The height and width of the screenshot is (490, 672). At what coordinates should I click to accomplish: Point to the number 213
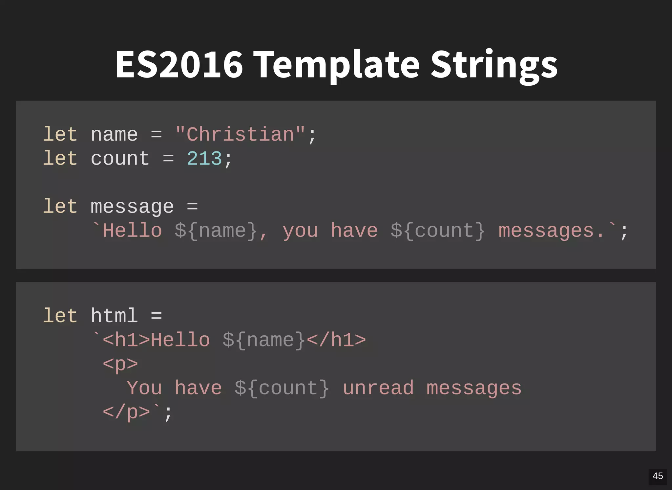tap(204, 159)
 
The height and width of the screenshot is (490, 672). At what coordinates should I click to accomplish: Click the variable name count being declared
tap(120, 159)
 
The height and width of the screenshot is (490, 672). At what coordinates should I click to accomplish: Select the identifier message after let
tap(132, 207)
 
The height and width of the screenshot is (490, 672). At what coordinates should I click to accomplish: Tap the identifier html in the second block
tap(114, 316)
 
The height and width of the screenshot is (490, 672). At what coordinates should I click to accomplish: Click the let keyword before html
tap(60, 316)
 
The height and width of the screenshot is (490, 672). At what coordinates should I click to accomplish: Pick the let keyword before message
tap(60, 207)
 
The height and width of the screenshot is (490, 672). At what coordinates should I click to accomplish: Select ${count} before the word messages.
tap(438, 231)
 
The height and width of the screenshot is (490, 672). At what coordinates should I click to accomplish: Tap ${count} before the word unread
tap(282, 388)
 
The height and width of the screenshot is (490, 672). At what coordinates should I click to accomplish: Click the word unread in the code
tap(378, 388)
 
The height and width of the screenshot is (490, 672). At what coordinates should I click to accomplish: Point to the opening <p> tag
tap(120, 364)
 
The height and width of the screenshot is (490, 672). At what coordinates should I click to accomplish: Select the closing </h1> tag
tap(336, 340)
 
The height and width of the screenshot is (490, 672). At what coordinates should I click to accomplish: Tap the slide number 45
tap(658, 476)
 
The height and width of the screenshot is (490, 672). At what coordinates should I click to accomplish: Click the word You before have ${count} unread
tap(144, 388)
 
